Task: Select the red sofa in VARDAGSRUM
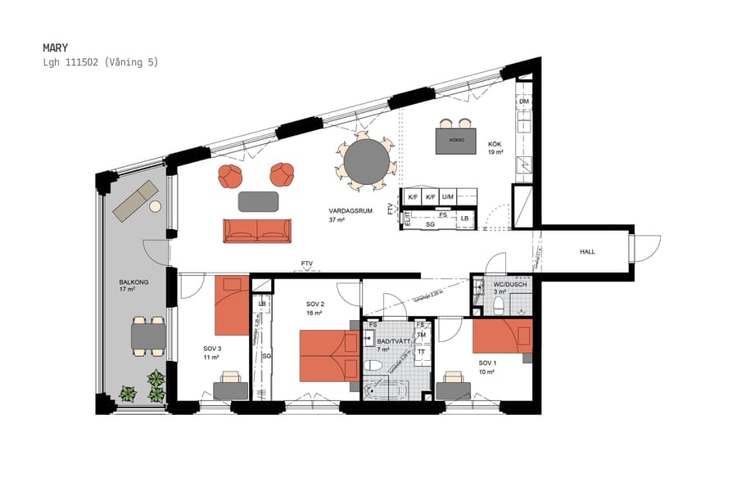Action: pyautogui.click(x=257, y=230)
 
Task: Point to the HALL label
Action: pyautogui.click(x=587, y=252)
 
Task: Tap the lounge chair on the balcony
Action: pyautogui.click(x=136, y=200)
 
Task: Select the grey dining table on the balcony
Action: pyautogui.click(x=149, y=336)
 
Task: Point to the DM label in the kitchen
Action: pyautogui.click(x=523, y=101)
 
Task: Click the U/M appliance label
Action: pyautogui.click(x=447, y=197)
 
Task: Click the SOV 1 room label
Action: pyautogui.click(x=489, y=363)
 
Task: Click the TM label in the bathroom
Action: pyautogui.click(x=422, y=336)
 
